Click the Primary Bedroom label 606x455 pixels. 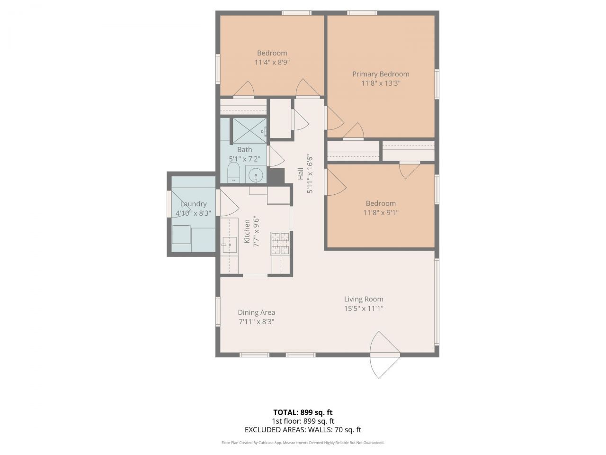[381, 74]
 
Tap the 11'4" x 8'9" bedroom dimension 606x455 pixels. [272, 62]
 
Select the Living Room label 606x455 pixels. [364, 299]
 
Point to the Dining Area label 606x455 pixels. [256, 312]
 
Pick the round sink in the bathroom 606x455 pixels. [256, 175]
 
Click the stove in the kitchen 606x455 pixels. [279, 243]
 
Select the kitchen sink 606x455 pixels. [230, 245]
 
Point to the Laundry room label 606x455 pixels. [193, 204]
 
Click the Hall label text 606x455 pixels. [301, 174]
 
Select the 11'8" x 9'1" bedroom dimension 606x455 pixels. [381, 213]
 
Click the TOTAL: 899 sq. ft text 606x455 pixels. [303, 412]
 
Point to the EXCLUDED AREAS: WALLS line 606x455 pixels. [303, 430]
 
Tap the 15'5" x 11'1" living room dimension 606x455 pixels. [364, 309]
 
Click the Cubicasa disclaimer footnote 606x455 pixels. [303, 443]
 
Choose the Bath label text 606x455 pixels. [244, 150]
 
